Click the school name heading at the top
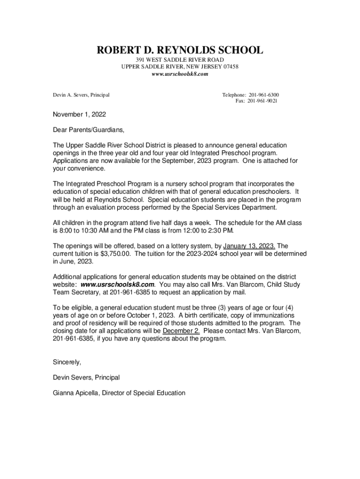[x=180, y=50]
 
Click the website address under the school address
[x=180, y=74]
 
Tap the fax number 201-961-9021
[x=262, y=101]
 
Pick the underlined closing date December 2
[x=181, y=331]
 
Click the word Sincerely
[x=67, y=362]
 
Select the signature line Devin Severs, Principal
[x=86, y=377]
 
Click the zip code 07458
[x=230, y=67]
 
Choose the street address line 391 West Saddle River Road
[x=180, y=60]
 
